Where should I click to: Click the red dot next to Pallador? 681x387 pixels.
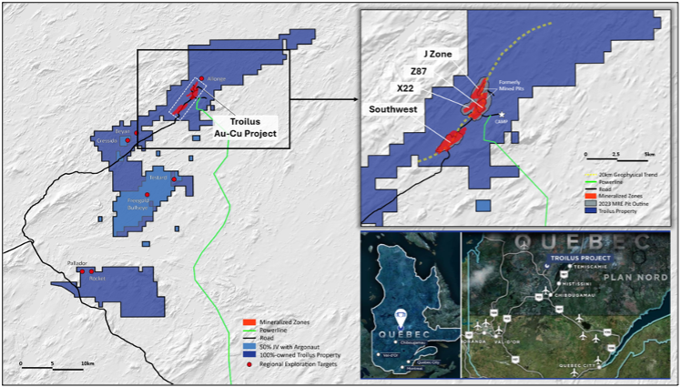(82, 270)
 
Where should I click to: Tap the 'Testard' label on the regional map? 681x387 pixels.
(159, 178)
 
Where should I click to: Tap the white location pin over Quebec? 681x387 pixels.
(401, 320)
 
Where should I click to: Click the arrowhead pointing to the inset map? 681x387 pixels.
(356, 92)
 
